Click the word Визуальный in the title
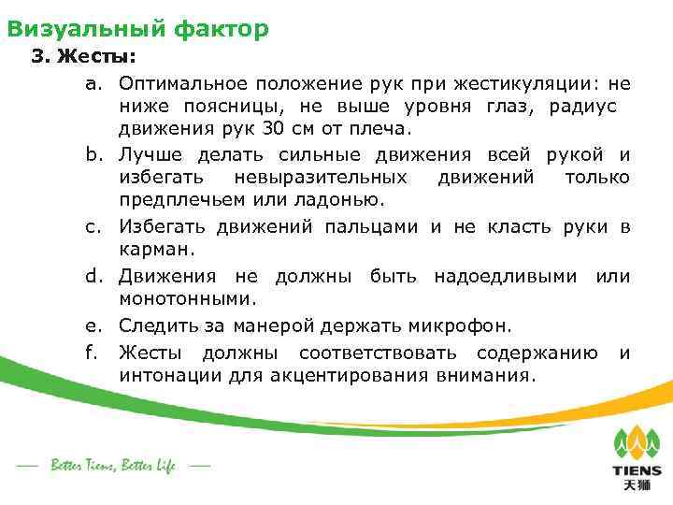(86, 29)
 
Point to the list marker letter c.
(93, 227)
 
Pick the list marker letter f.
(93, 352)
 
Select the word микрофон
(459, 325)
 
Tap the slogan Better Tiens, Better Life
(113, 465)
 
